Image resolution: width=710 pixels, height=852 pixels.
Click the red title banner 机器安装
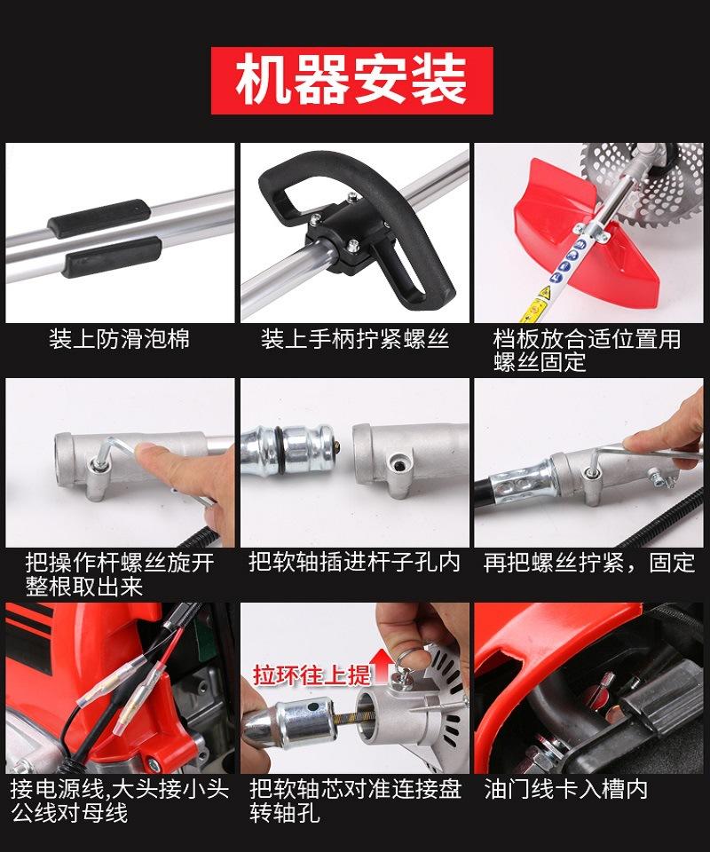click(352, 81)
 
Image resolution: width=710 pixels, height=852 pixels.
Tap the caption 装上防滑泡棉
click(120, 339)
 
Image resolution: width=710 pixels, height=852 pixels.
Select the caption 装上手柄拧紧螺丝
click(355, 339)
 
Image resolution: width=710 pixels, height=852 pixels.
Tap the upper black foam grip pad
click(99, 217)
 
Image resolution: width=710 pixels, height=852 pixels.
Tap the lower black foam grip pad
click(112, 256)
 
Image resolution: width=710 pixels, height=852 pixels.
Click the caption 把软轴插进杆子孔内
click(354, 562)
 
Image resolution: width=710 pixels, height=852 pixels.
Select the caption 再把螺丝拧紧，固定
click(589, 562)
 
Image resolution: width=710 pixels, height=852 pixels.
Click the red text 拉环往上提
click(312, 674)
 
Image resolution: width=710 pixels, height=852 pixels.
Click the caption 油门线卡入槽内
click(566, 789)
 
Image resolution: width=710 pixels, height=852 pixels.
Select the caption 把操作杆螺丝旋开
click(120, 563)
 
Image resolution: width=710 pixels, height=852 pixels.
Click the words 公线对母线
click(69, 813)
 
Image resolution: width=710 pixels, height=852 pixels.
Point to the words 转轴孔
click(285, 813)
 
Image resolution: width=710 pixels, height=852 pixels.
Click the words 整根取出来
click(84, 587)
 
